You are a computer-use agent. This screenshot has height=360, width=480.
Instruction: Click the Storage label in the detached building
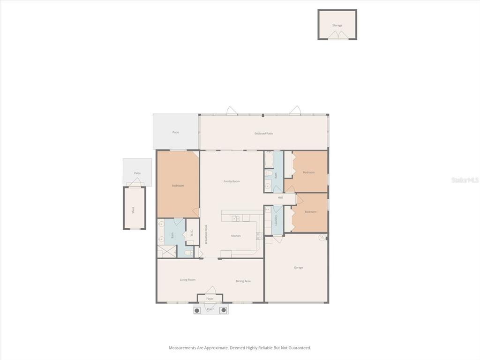click(337, 25)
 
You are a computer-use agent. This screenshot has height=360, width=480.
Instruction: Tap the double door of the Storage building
click(337, 35)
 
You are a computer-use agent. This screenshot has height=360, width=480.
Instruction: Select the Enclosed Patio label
click(263, 134)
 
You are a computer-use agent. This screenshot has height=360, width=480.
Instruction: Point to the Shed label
click(133, 210)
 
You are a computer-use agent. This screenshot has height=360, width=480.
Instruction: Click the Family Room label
click(232, 181)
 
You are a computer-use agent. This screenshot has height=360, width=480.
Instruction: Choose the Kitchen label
click(236, 236)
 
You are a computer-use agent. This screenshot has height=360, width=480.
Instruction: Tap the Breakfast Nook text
click(206, 234)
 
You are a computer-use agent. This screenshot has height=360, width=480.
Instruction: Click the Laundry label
click(277, 220)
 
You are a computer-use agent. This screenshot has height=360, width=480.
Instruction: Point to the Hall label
click(280, 198)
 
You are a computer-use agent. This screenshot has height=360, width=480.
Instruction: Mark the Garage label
click(298, 268)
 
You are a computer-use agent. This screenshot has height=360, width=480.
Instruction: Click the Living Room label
click(187, 280)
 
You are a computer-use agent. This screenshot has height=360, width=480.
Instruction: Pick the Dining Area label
click(243, 281)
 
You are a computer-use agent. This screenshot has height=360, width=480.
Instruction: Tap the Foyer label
click(210, 299)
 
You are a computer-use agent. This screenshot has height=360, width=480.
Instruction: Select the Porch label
click(210, 309)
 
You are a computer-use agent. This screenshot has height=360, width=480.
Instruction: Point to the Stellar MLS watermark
click(465, 180)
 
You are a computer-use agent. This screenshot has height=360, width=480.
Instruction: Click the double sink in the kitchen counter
click(236, 218)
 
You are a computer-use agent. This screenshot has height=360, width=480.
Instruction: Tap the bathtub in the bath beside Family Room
click(269, 160)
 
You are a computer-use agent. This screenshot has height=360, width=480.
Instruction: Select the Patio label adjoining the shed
click(137, 173)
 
